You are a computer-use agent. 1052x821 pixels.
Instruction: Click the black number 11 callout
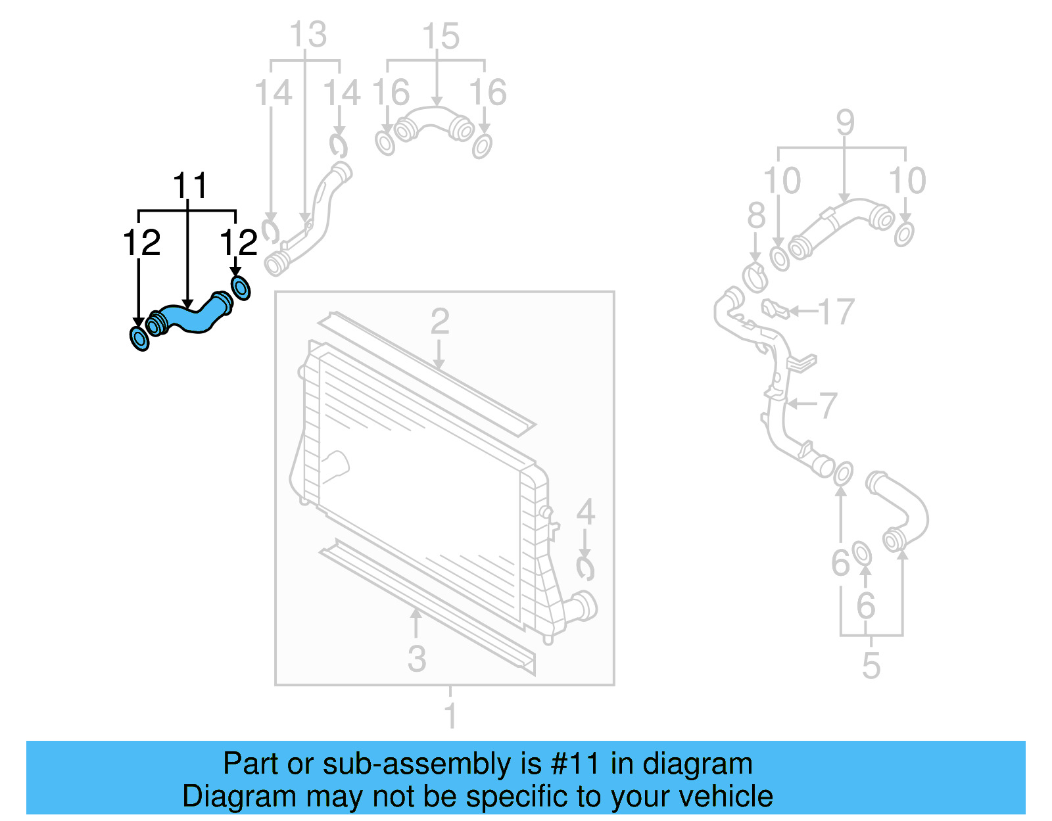coord(189,186)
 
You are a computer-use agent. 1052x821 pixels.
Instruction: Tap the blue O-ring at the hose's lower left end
coord(139,339)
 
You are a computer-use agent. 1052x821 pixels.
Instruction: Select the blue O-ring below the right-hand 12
coord(241,288)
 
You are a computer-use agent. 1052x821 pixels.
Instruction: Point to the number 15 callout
coord(440,37)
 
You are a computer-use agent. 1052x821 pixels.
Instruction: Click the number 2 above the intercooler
coord(439,322)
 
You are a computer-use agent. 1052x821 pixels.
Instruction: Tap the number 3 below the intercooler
coord(416,659)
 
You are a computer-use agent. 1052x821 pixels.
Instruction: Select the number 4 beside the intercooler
coord(585,513)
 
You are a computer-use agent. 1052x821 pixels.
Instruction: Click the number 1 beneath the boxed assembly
coord(450,715)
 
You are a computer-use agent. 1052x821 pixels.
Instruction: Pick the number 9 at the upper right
coord(845,123)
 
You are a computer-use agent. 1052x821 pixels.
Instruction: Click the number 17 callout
coord(836,312)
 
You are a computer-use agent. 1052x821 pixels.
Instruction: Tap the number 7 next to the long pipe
coord(828,406)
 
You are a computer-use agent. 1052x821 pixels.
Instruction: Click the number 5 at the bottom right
coord(871,666)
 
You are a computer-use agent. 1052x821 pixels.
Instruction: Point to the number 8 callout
coord(756,216)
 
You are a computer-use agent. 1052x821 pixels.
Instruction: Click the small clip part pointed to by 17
coord(775,308)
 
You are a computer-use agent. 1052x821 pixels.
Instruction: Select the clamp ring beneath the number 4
coord(585,569)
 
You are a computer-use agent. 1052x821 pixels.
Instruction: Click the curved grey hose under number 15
coord(434,123)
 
